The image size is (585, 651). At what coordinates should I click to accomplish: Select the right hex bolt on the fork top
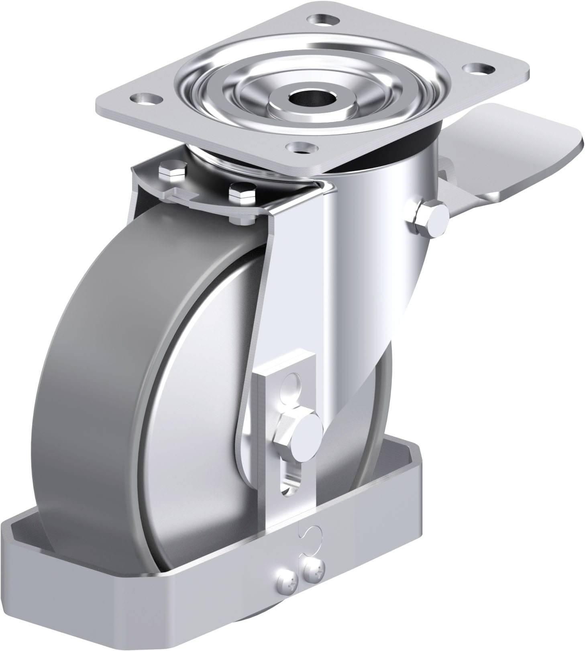(243, 194)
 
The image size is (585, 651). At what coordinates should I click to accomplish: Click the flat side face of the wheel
(193, 401)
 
